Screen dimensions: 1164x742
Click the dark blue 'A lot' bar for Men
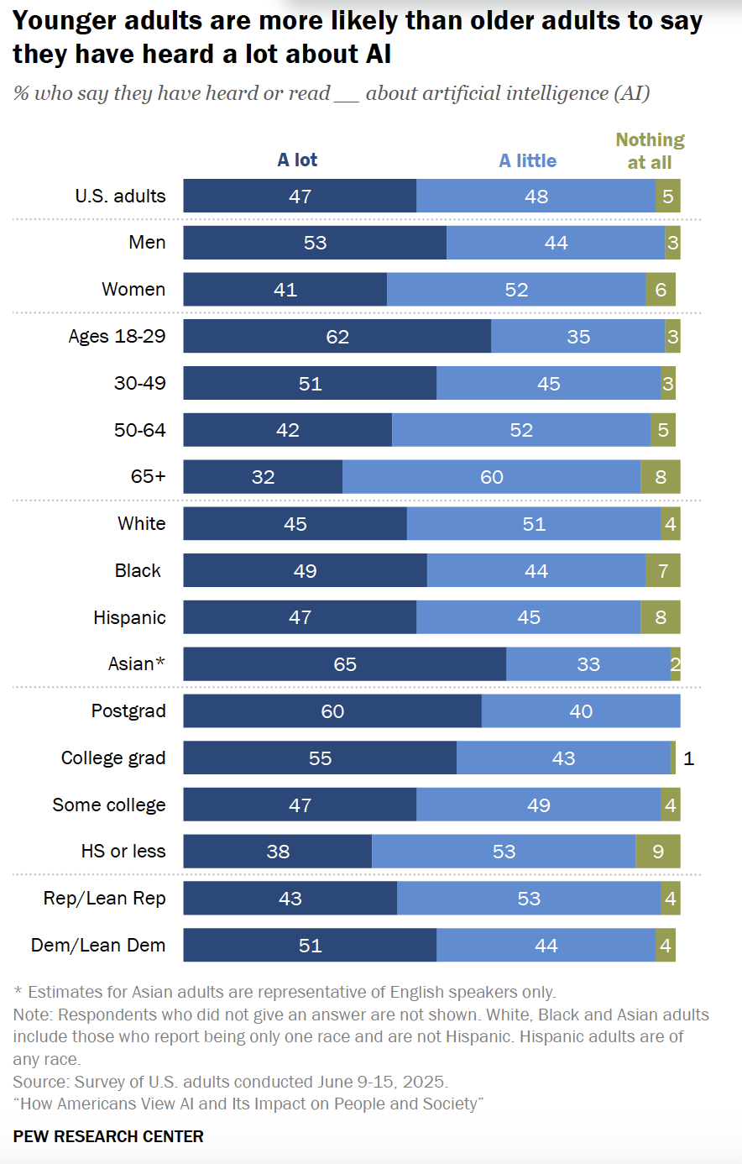pyautogui.click(x=315, y=243)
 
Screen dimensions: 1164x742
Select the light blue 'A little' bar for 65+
pyautogui.click(x=491, y=477)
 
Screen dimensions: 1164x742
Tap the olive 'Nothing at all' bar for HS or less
pyautogui.click(x=657, y=852)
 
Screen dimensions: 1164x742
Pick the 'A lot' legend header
pyautogui.click(x=297, y=160)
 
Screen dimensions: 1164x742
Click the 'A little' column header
pyautogui.click(x=527, y=161)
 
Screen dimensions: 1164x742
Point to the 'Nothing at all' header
pyautogui.click(x=650, y=151)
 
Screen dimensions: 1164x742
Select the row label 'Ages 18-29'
pyautogui.click(x=117, y=337)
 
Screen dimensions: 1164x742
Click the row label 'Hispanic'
pyautogui.click(x=129, y=618)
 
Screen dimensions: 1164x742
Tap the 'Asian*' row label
pyautogui.click(x=136, y=664)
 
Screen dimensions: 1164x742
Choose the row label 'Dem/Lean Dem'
pyautogui.click(x=98, y=946)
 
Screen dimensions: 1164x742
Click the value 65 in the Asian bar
pyautogui.click(x=345, y=665)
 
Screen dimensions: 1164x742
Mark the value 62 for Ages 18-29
pyautogui.click(x=337, y=337)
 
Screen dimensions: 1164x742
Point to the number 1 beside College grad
pyautogui.click(x=689, y=758)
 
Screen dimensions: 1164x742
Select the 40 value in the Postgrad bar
pyautogui.click(x=581, y=711)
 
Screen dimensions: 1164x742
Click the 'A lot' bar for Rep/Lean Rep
pyautogui.click(x=290, y=899)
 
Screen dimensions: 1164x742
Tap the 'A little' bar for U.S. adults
pyautogui.click(x=536, y=197)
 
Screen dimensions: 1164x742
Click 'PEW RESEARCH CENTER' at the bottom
pyautogui.click(x=108, y=1137)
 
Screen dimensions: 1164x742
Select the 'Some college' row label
pyautogui.click(x=109, y=805)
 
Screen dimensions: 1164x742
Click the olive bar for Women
pyautogui.click(x=661, y=290)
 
